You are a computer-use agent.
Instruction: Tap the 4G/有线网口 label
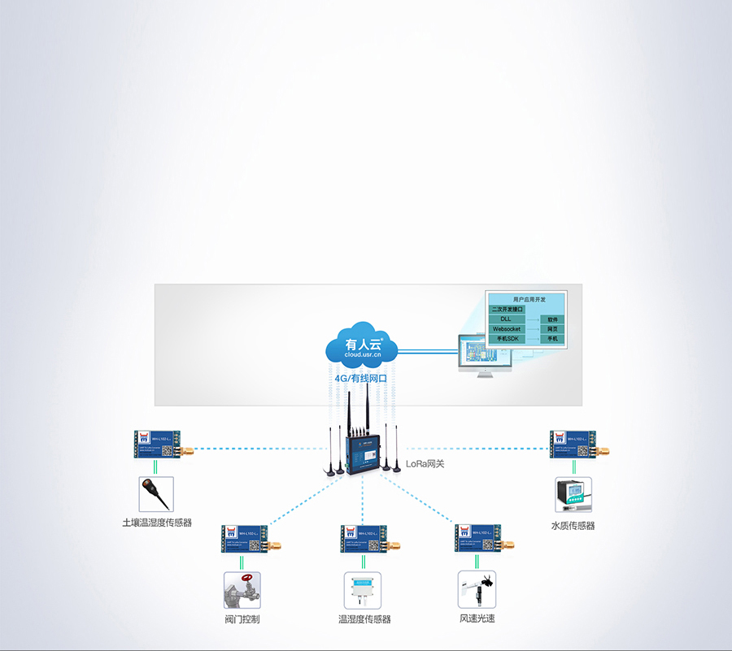click(x=360, y=378)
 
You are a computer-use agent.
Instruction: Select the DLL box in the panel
click(x=506, y=319)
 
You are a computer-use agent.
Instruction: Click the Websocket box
click(x=506, y=329)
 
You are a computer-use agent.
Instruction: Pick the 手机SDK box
click(x=506, y=339)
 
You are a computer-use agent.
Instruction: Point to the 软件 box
click(x=552, y=319)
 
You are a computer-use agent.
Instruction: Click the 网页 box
click(x=552, y=329)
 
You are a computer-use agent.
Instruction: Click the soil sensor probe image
click(x=155, y=493)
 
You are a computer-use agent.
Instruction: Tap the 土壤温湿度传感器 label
click(x=157, y=523)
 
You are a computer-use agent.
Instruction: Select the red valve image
click(x=242, y=591)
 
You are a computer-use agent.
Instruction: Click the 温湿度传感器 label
click(x=364, y=619)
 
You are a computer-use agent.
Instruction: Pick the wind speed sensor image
click(x=477, y=589)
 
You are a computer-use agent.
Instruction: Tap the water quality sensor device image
click(x=573, y=495)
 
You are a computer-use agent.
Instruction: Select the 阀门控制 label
click(x=242, y=619)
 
